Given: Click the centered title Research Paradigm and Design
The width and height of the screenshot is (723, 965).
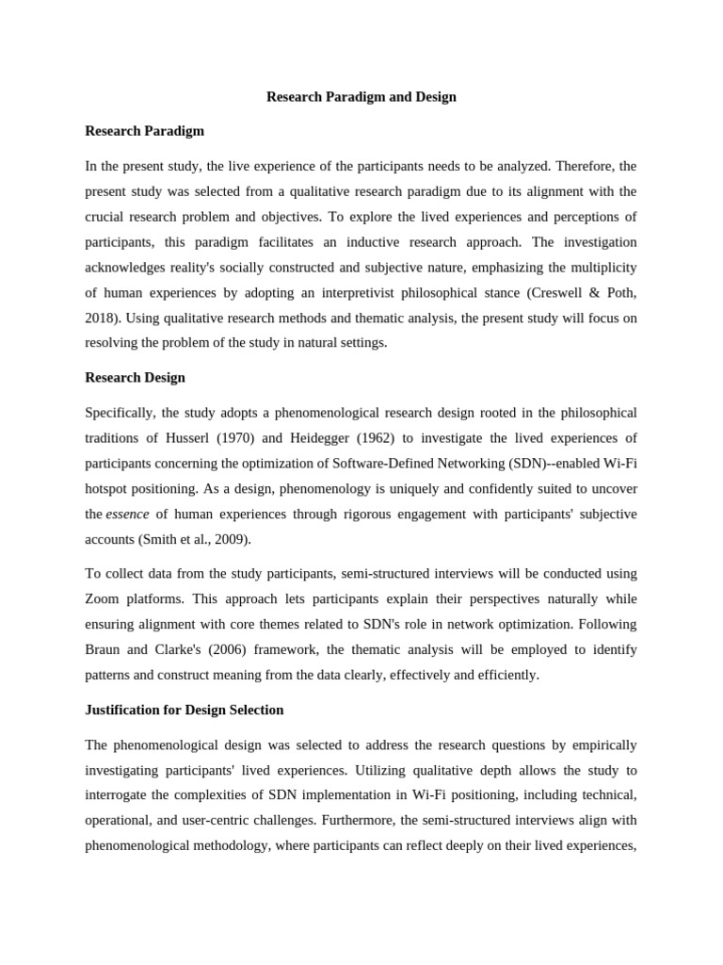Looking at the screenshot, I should [x=361, y=97].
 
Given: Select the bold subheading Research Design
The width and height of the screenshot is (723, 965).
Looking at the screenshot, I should [x=135, y=378].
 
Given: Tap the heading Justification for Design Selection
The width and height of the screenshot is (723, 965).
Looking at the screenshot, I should [x=184, y=710].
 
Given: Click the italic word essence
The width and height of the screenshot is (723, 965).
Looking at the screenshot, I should [x=127, y=515].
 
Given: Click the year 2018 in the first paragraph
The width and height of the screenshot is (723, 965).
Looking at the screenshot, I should [x=101, y=319].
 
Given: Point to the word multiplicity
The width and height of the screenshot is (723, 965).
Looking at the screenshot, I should [x=599, y=268].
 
